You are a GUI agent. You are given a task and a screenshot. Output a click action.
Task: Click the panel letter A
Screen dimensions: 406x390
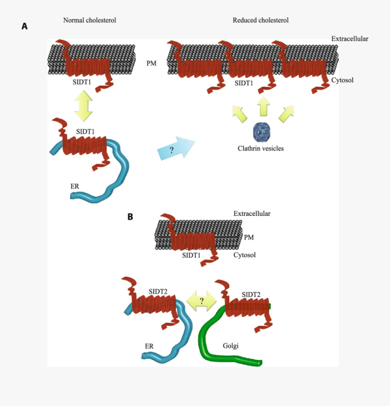point(25,26)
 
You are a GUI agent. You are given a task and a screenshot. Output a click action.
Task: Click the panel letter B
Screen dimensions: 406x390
point(130,217)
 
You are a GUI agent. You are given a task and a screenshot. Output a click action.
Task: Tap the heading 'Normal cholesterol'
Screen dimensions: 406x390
point(90,20)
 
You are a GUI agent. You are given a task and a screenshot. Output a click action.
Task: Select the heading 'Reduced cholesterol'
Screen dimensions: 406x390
point(260,20)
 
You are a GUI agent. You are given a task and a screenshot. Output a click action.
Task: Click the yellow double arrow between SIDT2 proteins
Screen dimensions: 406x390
point(201,301)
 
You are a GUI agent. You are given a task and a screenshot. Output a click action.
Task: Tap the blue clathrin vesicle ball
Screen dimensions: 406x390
point(262,132)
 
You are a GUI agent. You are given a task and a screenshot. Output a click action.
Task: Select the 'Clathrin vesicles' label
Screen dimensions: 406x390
point(260,148)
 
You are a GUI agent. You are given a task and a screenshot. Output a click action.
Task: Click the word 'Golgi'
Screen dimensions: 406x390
point(231,345)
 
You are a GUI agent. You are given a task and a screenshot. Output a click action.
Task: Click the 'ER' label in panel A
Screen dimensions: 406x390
point(75,186)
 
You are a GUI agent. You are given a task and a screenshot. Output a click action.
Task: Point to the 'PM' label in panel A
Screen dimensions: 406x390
point(151,64)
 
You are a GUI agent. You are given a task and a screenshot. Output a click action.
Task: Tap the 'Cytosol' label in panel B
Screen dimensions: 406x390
point(244,255)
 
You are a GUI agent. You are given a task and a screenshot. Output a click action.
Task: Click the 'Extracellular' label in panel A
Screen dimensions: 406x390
point(350,39)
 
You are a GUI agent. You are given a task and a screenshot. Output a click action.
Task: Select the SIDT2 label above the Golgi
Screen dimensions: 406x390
point(251,295)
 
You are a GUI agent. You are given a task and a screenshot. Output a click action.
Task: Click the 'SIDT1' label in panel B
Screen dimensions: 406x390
point(191,255)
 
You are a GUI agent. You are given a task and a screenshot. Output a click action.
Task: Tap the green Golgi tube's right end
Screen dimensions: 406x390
point(259,363)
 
